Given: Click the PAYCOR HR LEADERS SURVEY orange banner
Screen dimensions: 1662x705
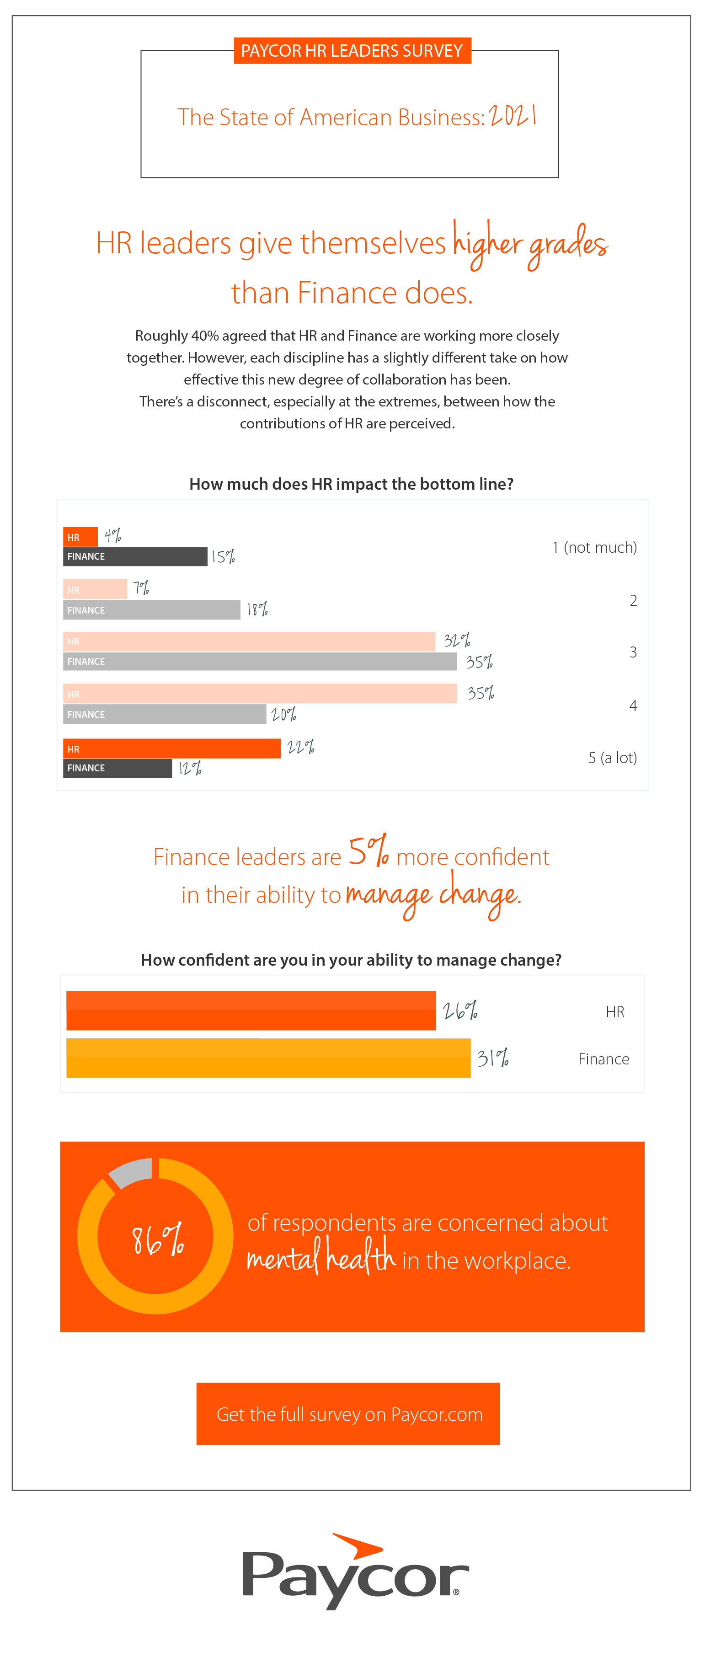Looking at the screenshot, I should [x=352, y=51].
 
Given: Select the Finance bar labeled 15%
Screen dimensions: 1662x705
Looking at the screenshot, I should [x=135, y=556].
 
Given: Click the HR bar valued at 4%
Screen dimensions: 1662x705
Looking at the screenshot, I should [x=80, y=537].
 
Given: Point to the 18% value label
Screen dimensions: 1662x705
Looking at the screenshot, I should [x=257, y=609].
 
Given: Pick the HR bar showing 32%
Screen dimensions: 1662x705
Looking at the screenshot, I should [x=249, y=641].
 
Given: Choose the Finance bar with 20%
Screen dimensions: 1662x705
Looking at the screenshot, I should [x=165, y=714].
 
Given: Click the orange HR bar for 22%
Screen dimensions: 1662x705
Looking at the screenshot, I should [x=171, y=748].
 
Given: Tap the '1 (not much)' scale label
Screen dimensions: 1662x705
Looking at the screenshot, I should [x=594, y=547].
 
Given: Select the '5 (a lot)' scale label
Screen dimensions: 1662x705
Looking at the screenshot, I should [x=612, y=758].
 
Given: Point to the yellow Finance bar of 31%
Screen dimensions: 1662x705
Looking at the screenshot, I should [x=268, y=1058].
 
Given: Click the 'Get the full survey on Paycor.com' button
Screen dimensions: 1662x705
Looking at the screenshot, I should [x=348, y=1414].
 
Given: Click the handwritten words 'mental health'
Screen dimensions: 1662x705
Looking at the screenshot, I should [x=320, y=1257].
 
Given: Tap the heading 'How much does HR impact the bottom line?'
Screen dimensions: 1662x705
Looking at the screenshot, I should [x=352, y=484].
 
